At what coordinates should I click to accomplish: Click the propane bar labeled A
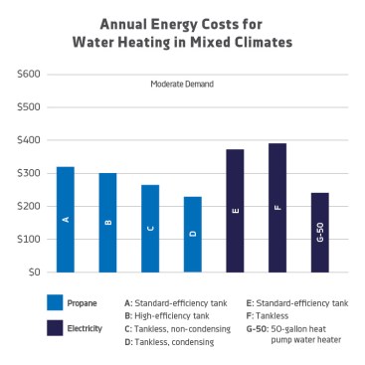[x=65, y=220]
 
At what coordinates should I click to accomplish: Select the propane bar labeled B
[x=107, y=223]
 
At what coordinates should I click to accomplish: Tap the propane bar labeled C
[x=150, y=229]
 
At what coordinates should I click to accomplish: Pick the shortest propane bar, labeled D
[x=192, y=235]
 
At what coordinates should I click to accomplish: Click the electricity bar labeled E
[x=235, y=211]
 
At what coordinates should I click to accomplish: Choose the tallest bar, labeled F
[x=277, y=208]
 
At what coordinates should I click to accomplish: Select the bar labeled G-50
[x=319, y=233]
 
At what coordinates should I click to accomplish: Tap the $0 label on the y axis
[x=34, y=272]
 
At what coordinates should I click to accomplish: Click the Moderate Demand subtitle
[x=182, y=85]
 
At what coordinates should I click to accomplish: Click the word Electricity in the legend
[x=98, y=327]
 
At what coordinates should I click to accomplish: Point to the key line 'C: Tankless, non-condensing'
[x=175, y=328]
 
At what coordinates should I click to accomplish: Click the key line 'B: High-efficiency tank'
[x=169, y=315]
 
